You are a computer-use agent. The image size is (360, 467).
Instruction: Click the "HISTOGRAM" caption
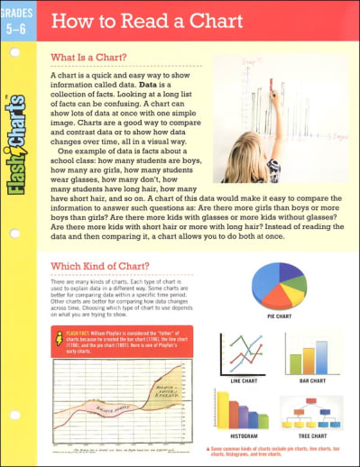(x=241, y=435)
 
